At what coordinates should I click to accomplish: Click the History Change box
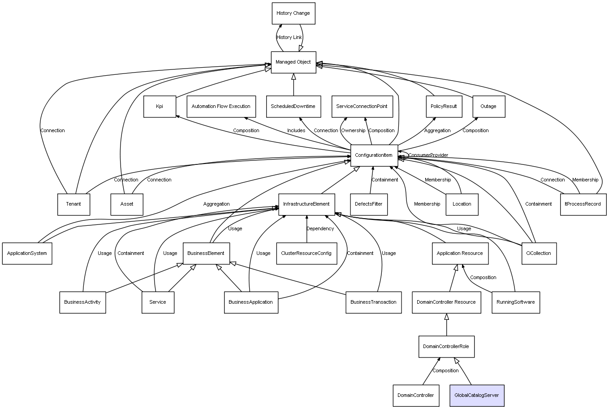click(294, 13)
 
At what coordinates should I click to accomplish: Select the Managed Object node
click(294, 62)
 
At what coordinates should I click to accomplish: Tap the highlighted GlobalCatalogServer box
click(477, 396)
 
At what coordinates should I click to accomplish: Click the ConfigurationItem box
click(374, 155)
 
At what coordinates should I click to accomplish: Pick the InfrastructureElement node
click(307, 204)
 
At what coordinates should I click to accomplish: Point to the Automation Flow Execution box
click(221, 107)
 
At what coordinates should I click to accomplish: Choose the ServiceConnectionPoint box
click(362, 107)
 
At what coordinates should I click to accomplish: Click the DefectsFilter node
click(369, 204)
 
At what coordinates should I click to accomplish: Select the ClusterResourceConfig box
click(307, 253)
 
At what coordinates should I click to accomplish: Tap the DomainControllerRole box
click(446, 346)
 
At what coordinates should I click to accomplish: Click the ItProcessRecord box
click(583, 204)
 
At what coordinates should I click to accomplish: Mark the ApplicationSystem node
click(27, 253)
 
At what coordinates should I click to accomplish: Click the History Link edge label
click(289, 38)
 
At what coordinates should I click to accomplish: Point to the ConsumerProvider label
click(428, 155)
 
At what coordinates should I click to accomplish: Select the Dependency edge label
click(320, 228)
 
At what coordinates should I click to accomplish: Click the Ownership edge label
click(353, 130)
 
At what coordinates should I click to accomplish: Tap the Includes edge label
click(296, 130)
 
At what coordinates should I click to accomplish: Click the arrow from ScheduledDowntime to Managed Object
click(294, 85)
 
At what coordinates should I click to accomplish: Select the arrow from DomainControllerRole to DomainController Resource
click(446, 324)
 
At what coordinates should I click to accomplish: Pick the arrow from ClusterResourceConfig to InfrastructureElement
click(307, 229)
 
